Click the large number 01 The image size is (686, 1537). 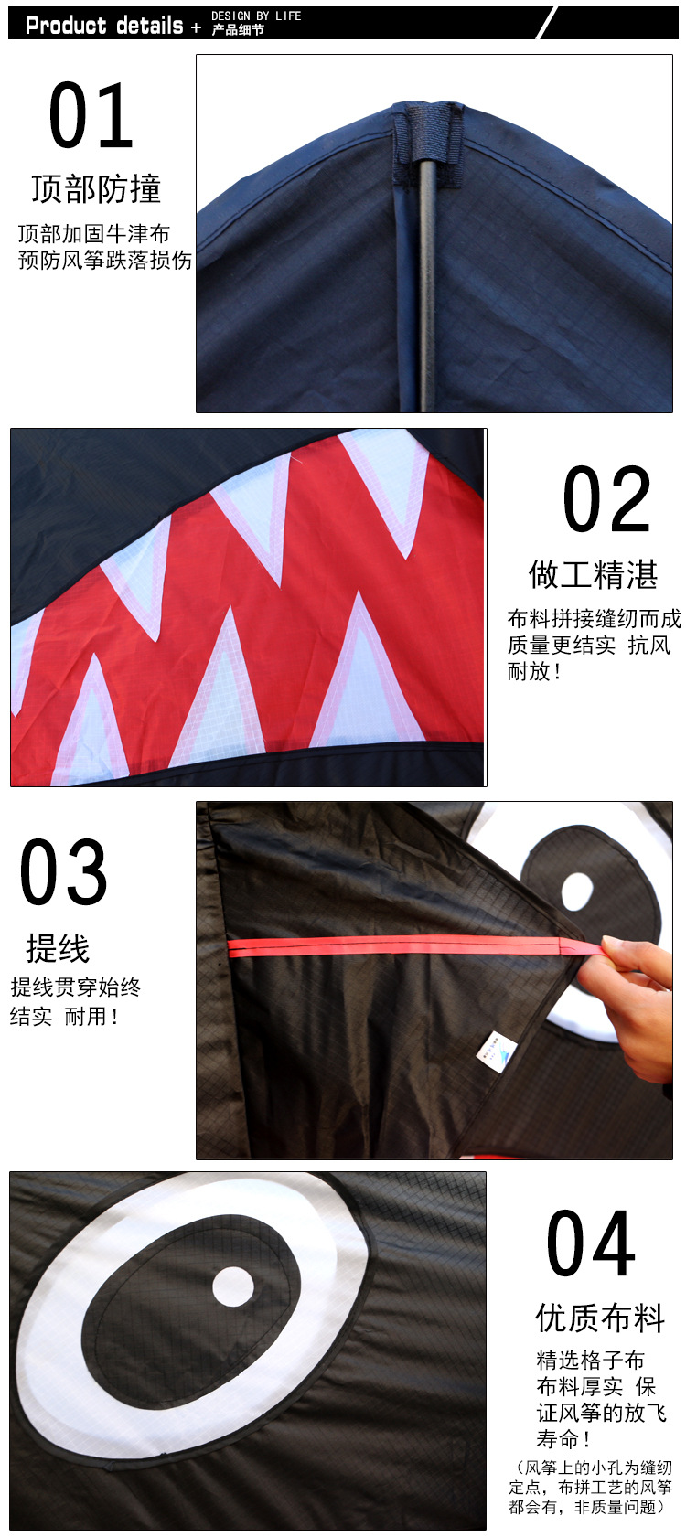91,116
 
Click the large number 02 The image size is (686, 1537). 606,499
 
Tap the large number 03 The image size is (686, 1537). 63,872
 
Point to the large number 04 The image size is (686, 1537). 590,1243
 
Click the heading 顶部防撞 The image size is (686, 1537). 96,189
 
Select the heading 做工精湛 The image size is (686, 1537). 593,574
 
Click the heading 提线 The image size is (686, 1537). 58,948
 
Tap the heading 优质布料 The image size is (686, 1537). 600,1318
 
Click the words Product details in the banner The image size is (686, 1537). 104,26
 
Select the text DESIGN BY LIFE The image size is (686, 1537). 256,16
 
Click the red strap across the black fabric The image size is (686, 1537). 402,946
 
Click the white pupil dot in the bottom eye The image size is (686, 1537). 233,1286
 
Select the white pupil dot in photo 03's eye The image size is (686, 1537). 577,891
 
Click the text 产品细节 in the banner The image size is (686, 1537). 238,30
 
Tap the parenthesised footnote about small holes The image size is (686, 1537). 590,1487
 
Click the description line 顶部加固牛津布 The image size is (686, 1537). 93,233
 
